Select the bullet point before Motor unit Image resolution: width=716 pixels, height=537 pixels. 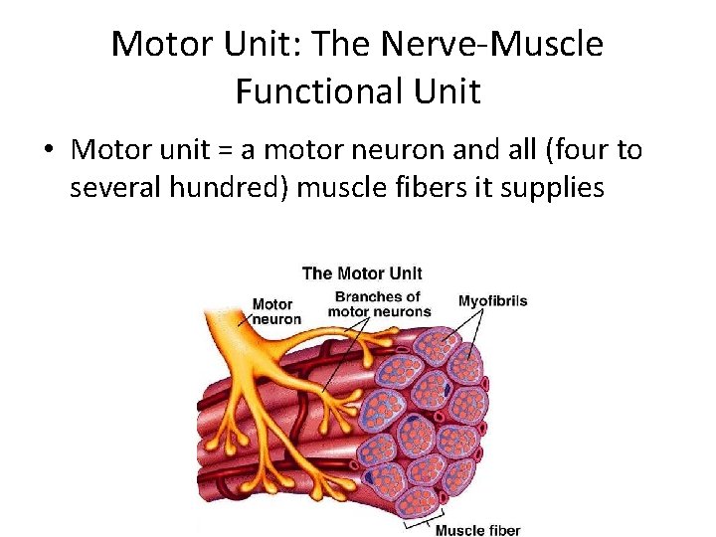[x=48, y=151]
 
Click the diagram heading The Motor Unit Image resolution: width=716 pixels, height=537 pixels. [x=362, y=273]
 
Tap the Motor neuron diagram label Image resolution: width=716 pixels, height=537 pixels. [x=272, y=311]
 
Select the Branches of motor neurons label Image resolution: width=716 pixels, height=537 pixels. [x=378, y=303]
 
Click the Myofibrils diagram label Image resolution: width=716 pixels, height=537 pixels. [x=492, y=300]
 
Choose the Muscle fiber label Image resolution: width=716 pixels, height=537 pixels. [x=477, y=530]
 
